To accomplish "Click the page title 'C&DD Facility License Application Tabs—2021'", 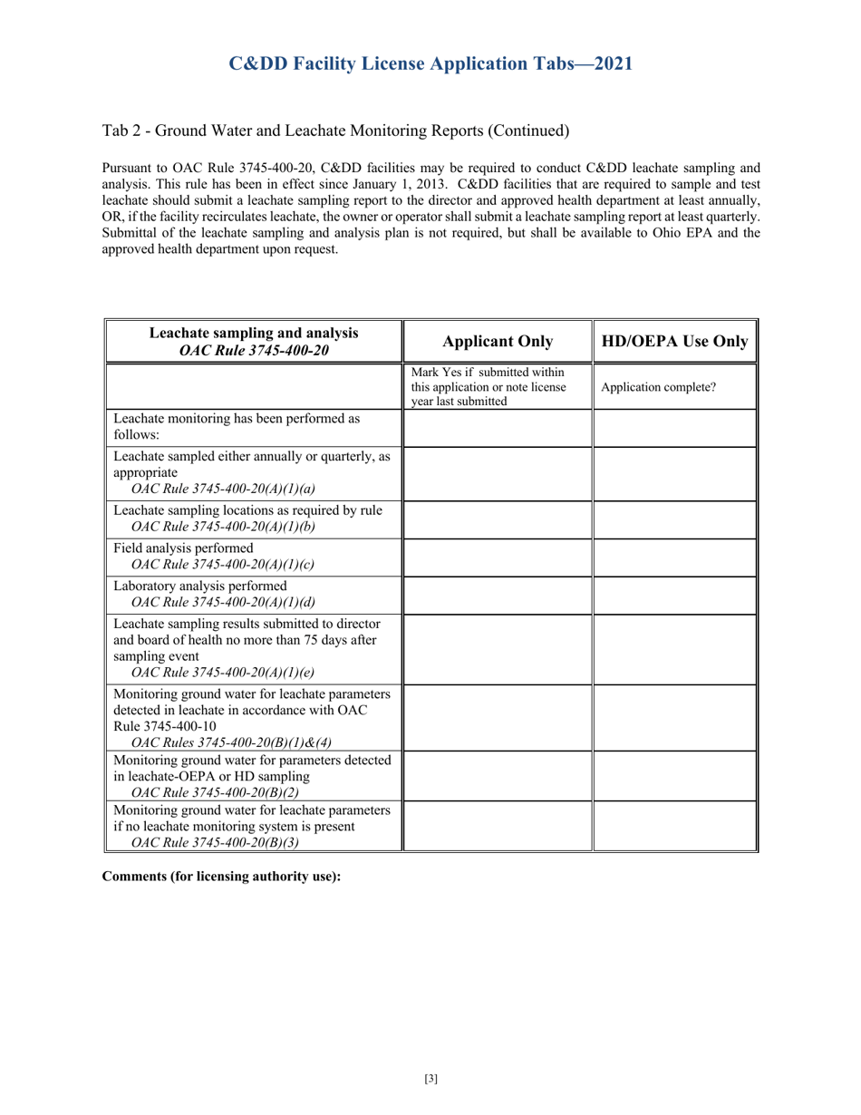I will coord(430,63).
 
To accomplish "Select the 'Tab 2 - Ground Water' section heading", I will coord(335,131).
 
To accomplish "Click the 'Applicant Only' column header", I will coord(497,341).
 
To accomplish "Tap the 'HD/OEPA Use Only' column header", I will coord(674,341).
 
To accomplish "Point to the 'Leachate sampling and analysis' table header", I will coord(254,341).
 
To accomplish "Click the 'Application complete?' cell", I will coord(659,387).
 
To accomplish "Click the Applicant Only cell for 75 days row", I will coord(497,648).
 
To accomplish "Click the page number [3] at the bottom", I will coord(430,1078).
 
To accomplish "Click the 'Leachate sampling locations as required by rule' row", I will coord(247,510).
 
